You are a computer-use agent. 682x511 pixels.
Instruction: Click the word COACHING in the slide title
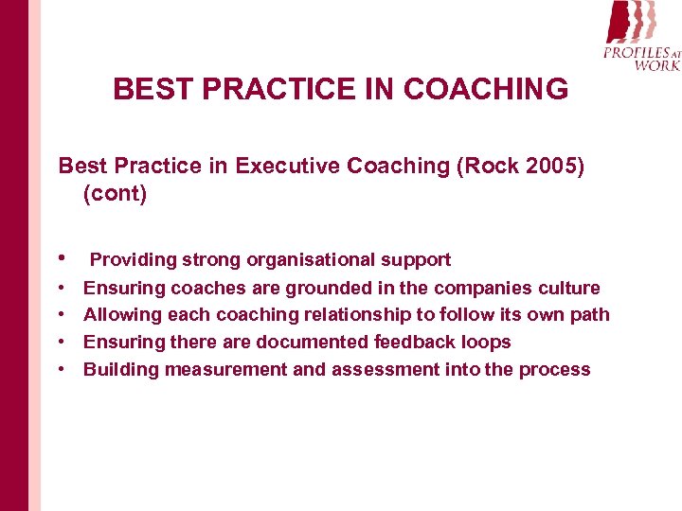point(486,90)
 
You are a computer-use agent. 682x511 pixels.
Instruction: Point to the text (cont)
point(115,194)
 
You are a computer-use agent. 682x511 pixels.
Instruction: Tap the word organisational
point(307,260)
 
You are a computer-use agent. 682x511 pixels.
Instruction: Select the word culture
point(568,288)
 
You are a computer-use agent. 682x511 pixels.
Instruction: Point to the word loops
point(485,343)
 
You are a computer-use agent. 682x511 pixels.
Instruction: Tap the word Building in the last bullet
point(120,370)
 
